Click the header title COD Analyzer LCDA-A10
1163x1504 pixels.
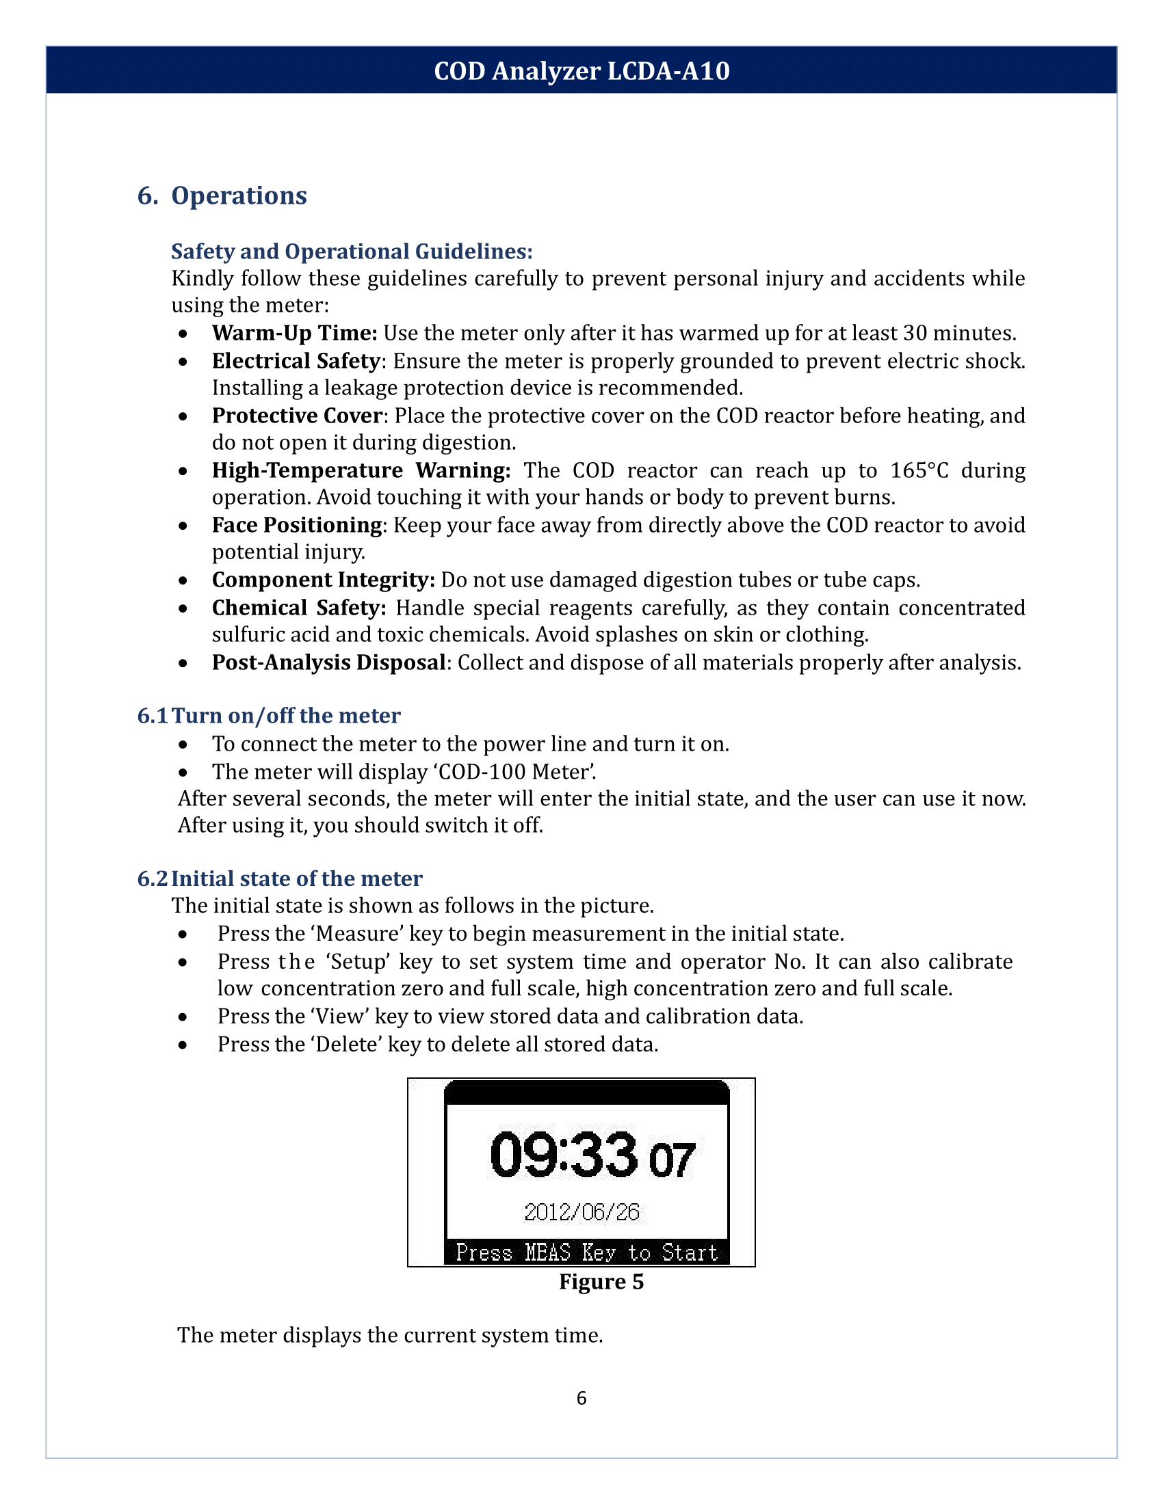click(581, 71)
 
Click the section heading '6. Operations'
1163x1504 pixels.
click(222, 196)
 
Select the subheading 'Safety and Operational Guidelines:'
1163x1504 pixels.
click(352, 252)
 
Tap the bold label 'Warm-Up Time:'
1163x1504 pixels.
click(294, 334)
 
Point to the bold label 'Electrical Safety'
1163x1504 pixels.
click(296, 361)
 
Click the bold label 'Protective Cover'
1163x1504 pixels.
click(297, 416)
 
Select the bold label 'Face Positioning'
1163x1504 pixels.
click(297, 526)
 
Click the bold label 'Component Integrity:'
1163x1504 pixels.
click(323, 580)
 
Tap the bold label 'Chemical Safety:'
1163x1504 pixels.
click(299, 608)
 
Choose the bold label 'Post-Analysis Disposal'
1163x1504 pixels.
click(328, 662)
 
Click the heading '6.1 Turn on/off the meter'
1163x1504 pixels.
click(269, 716)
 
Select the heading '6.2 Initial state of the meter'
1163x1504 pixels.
click(280, 878)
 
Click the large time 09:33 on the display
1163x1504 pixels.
click(564, 1155)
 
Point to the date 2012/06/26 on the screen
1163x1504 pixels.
click(581, 1212)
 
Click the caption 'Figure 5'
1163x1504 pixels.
click(601, 1282)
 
